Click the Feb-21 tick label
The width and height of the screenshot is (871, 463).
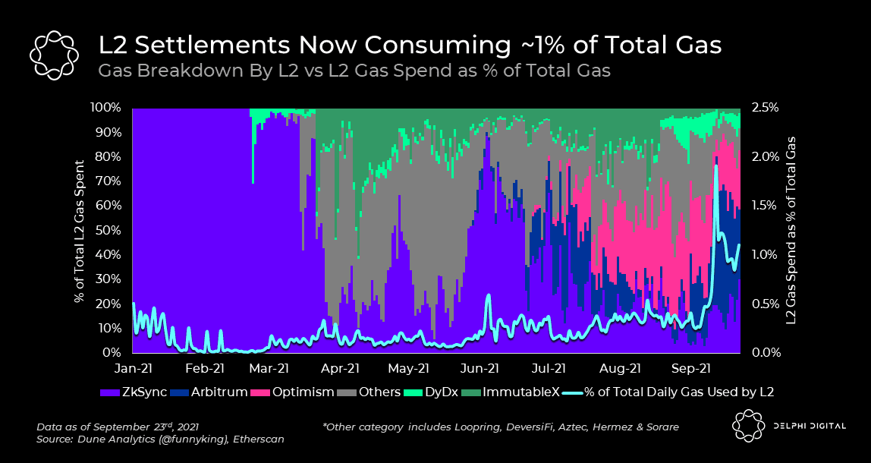205,369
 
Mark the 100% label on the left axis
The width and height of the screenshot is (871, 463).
105,107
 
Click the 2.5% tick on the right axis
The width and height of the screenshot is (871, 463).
765,107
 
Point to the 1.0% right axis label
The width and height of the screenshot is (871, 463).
765,254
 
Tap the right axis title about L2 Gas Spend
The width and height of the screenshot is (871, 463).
793,230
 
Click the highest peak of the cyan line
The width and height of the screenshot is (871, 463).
715,166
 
